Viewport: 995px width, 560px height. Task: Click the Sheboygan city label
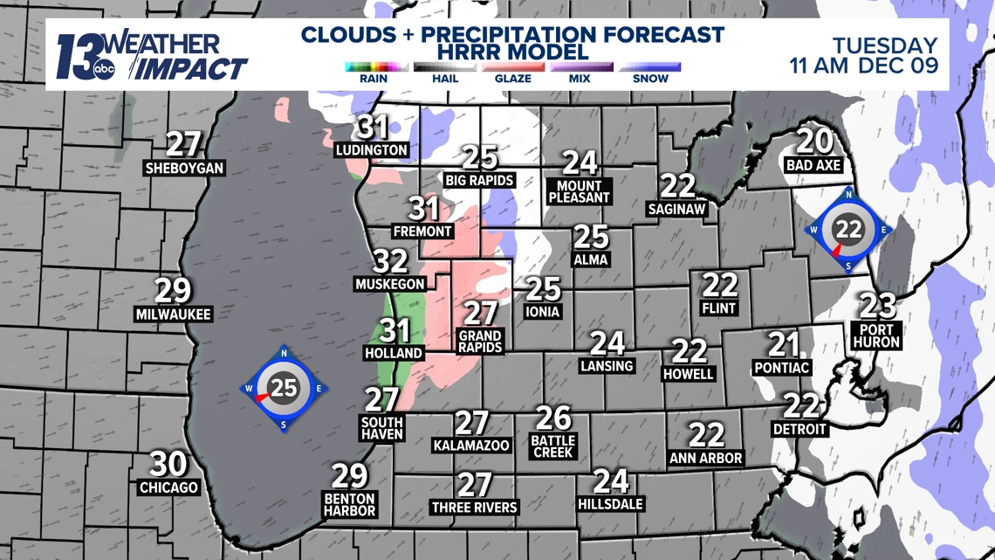pos(184,168)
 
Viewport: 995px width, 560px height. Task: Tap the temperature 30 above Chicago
pos(168,464)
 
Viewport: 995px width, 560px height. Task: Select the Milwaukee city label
pos(173,314)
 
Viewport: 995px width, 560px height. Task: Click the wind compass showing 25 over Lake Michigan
pos(284,388)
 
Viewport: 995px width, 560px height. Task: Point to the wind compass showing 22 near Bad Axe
pos(848,230)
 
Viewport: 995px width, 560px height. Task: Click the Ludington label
pos(372,150)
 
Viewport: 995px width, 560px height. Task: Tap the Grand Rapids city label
pos(480,341)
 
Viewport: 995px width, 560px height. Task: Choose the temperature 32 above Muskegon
pos(391,261)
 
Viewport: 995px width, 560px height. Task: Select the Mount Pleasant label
pos(579,191)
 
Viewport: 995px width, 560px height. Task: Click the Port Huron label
pos(875,335)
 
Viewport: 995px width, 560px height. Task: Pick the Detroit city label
pos(799,429)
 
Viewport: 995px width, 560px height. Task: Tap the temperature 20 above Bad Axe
pos(813,141)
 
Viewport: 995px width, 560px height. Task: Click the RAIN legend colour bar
pos(376,66)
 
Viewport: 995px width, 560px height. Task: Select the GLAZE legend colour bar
pos(513,66)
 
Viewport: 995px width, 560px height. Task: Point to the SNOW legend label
pos(650,79)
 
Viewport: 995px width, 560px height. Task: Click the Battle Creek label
pos(552,446)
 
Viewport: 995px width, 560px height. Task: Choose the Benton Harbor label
pos(349,504)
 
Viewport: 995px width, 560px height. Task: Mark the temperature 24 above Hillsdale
pos(611,480)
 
